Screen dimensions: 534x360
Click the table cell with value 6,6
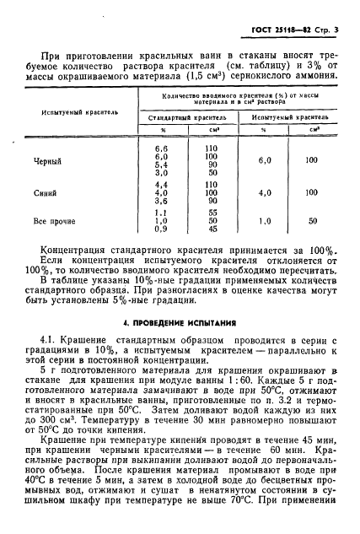[x=164, y=148]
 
